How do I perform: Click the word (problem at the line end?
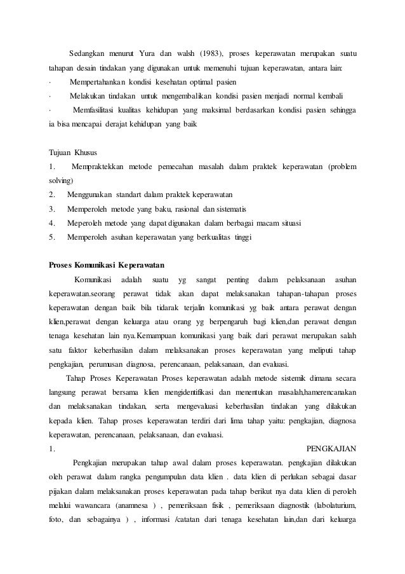tap(342, 167)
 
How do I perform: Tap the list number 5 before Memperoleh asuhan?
tap(51, 236)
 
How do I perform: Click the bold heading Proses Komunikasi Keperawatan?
tap(107, 264)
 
